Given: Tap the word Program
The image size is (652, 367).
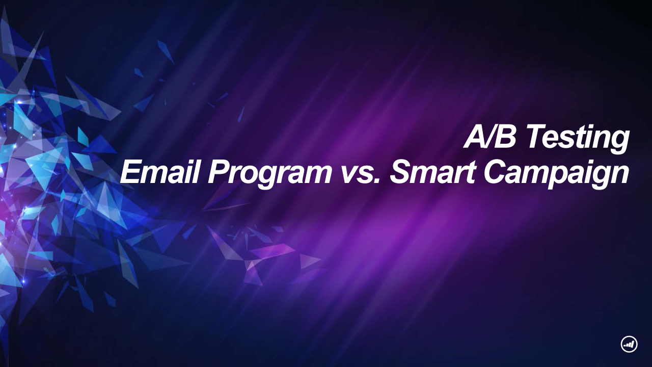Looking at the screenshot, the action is tap(269, 174).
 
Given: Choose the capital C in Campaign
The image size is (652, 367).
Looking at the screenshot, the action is tap(498, 172).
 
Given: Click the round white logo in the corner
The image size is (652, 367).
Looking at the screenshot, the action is tap(629, 345).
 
